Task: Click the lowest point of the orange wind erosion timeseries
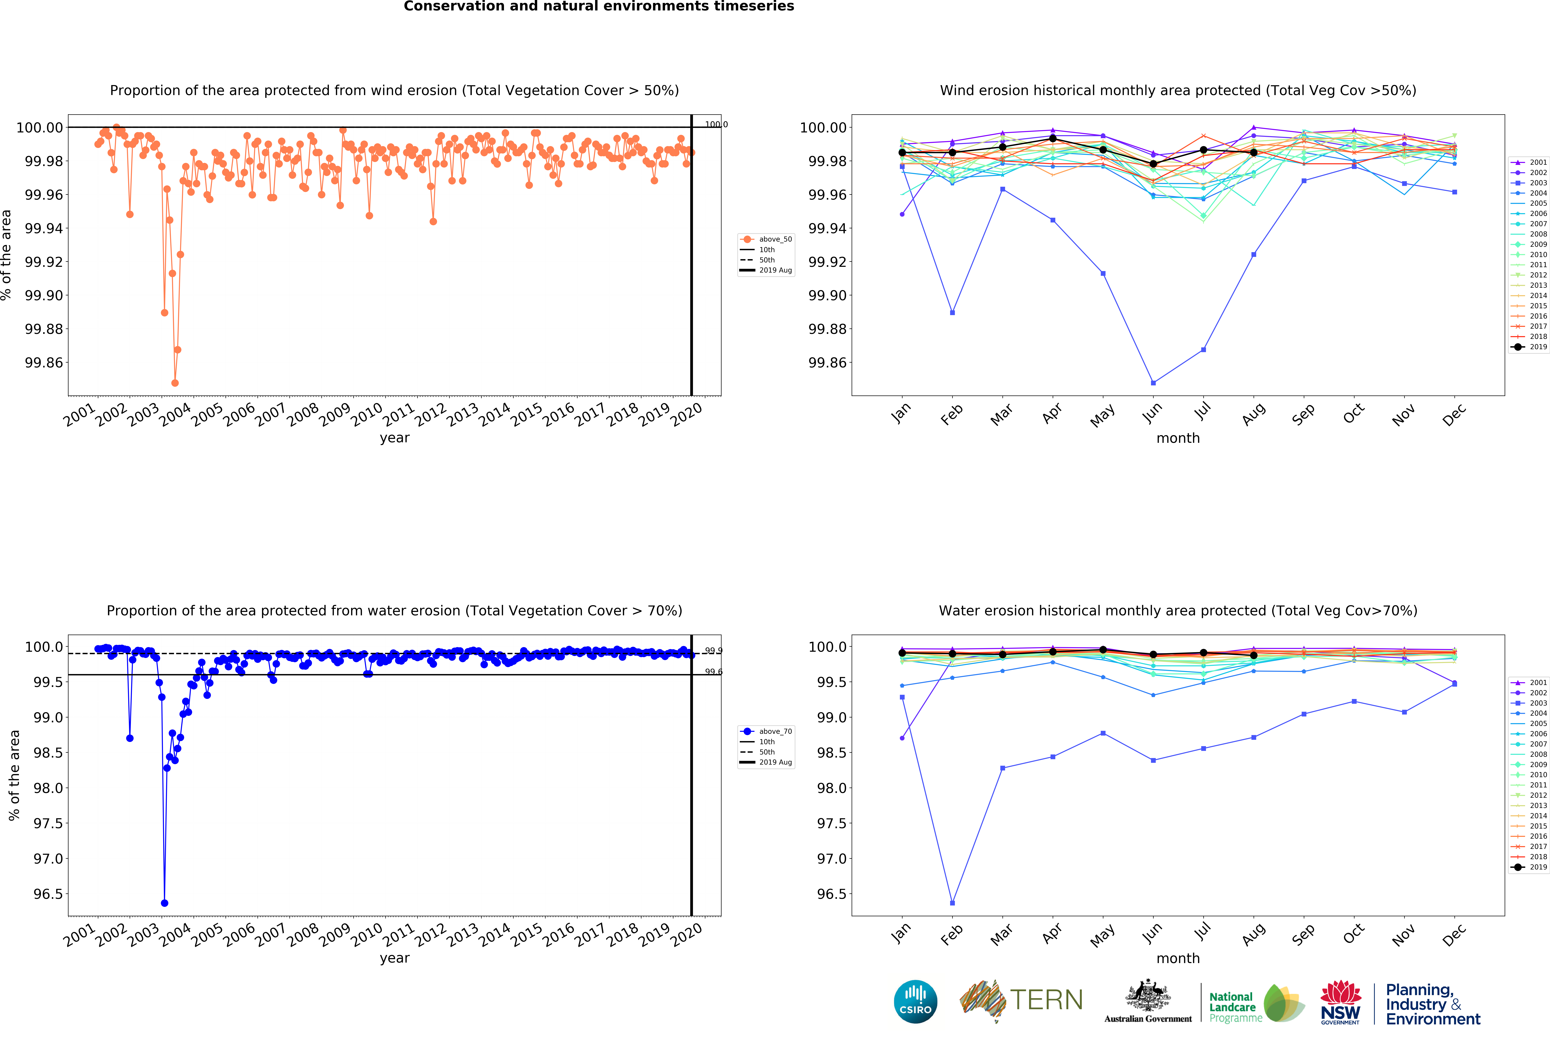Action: [175, 383]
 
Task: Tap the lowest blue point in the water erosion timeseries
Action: [164, 903]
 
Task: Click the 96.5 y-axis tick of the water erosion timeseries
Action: [48, 894]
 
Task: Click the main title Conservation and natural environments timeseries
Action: [599, 7]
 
